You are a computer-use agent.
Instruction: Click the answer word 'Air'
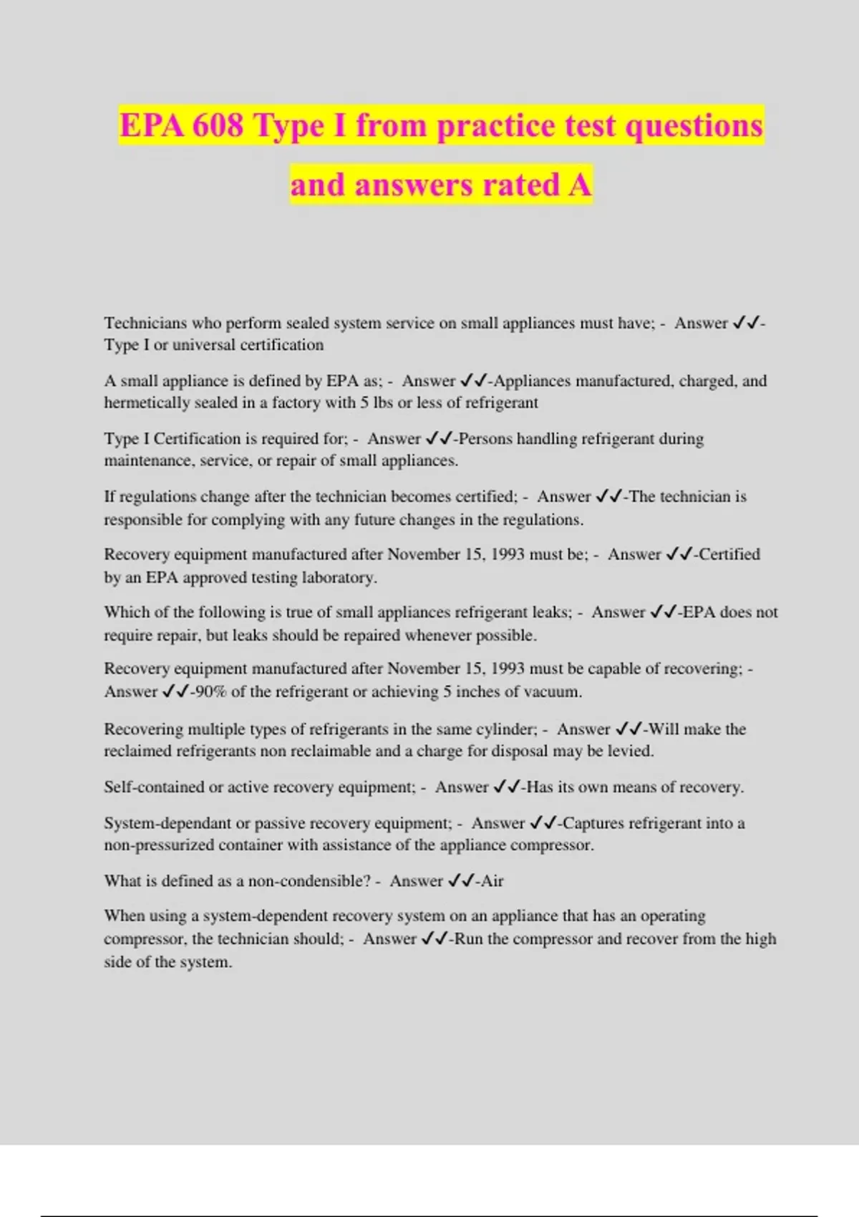(492, 881)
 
